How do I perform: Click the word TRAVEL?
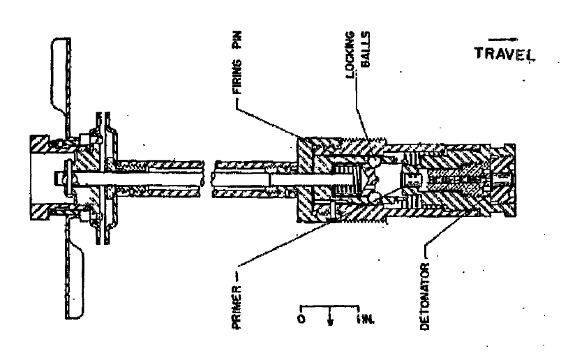(x=504, y=54)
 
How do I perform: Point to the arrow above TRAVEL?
(x=502, y=39)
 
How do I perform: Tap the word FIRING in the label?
(x=237, y=77)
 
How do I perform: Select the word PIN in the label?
(x=237, y=40)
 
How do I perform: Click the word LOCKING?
(x=350, y=54)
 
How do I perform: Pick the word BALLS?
(x=366, y=49)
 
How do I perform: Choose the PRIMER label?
(x=237, y=307)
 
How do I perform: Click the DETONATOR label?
(x=424, y=297)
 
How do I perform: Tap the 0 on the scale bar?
(x=301, y=319)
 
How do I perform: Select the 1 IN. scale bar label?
(x=365, y=320)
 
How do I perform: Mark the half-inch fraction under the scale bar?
(x=330, y=320)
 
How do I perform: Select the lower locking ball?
(x=375, y=197)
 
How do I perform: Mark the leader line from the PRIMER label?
(x=285, y=243)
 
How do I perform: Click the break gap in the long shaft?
(x=208, y=179)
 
